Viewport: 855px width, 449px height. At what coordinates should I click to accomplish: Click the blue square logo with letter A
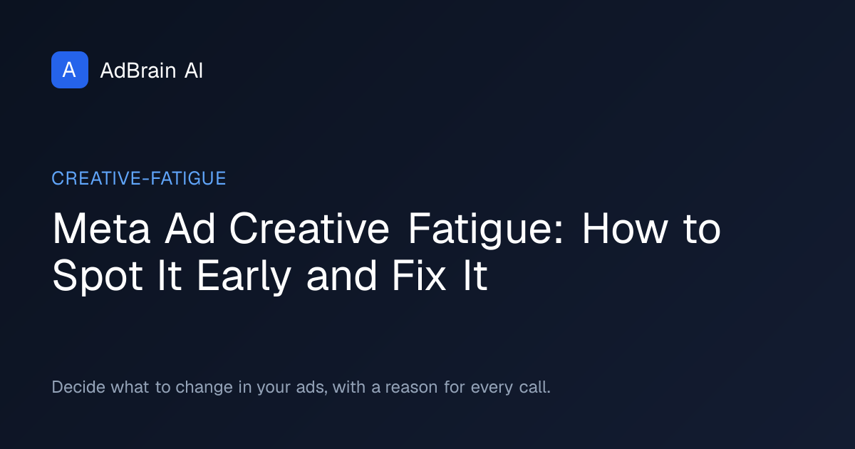70,70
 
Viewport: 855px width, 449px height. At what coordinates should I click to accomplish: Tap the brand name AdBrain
138,71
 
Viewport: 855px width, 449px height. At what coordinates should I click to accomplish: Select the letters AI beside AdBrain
194,71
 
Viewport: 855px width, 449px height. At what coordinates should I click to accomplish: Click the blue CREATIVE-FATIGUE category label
139,178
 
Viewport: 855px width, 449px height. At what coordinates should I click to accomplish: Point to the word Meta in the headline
101,228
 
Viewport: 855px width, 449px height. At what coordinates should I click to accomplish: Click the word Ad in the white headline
190,228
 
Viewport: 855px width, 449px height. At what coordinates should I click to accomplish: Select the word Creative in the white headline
309,228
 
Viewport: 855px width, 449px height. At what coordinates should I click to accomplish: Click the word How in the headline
625,228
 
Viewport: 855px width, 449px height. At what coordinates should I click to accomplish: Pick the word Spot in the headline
98,277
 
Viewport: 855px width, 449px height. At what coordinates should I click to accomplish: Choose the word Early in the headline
244,277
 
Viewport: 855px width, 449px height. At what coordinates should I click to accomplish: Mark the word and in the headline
341,275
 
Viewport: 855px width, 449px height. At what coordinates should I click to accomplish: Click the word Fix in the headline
419,275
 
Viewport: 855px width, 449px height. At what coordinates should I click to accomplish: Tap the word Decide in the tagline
78,387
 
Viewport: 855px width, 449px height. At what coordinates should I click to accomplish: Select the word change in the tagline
204,388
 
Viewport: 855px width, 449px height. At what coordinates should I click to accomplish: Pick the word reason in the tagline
412,388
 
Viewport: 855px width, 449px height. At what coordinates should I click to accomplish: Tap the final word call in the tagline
534,387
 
